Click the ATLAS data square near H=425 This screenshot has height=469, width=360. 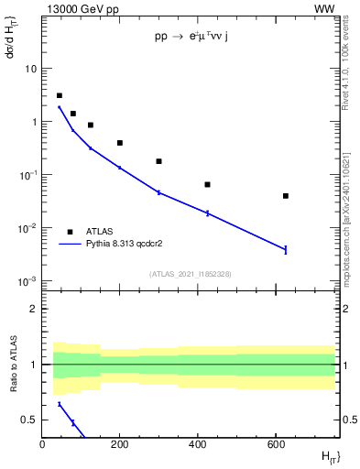pyautogui.click(x=208, y=185)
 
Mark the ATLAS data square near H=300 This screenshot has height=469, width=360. pyautogui.click(x=159, y=161)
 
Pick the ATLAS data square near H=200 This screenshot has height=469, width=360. pyautogui.click(x=120, y=143)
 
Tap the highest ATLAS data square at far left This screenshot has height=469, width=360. pyautogui.click(x=60, y=95)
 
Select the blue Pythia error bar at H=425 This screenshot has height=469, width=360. pyautogui.click(x=208, y=213)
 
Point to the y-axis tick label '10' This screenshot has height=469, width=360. pyautogui.click(x=31, y=69)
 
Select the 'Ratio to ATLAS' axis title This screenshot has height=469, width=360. pyautogui.click(x=14, y=365)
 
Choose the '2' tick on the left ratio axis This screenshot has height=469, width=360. pyautogui.click(x=36, y=309)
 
